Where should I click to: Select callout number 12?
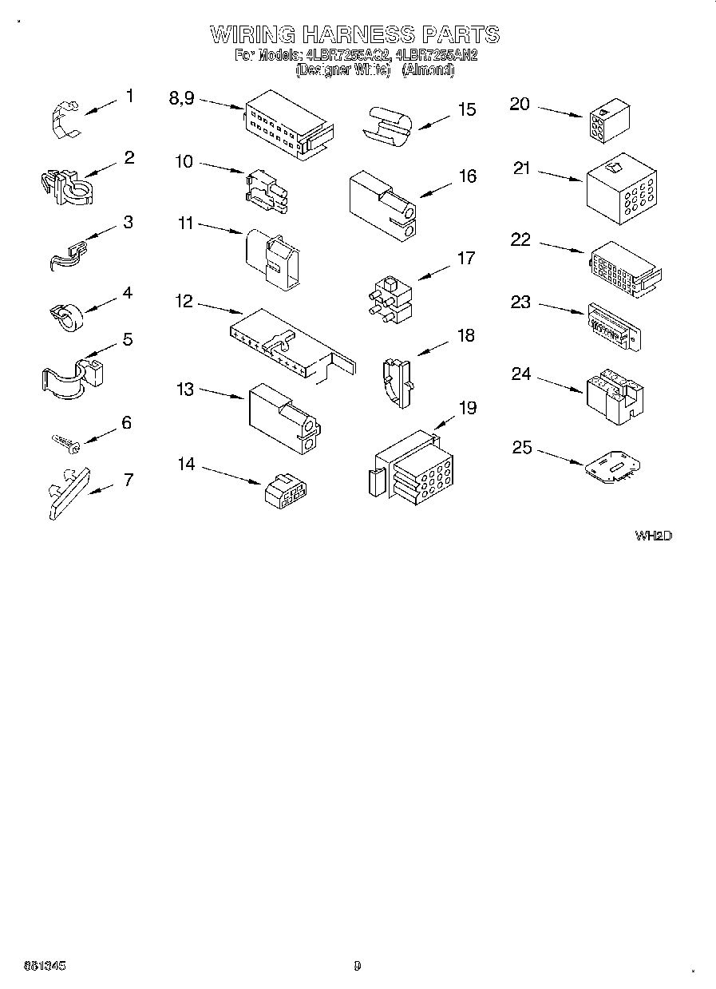pos(184,301)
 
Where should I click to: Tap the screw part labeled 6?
pos(64,441)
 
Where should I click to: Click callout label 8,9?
pos(182,98)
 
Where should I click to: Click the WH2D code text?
pos(653,536)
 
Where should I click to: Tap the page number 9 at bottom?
pos(357,965)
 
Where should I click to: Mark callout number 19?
pos(467,409)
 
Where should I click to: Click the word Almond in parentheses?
pos(428,70)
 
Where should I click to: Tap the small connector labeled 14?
pos(287,491)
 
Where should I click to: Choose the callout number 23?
pos(520,302)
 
